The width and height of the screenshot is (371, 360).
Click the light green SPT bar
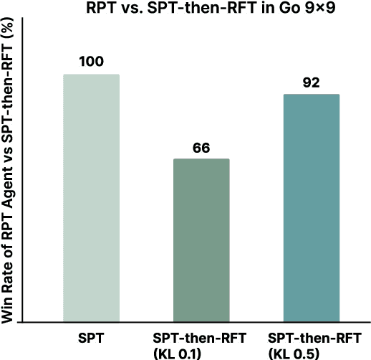tap(91, 198)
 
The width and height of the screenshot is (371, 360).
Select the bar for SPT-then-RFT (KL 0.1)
tap(201, 240)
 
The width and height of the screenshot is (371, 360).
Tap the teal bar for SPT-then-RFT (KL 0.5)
tap(312, 208)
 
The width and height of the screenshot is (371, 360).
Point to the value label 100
tap(91, 61)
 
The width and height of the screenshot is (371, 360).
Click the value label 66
tap(201, 148)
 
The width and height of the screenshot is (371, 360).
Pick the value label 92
tap(312, 82)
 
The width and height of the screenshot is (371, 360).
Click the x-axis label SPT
tap(91, 336)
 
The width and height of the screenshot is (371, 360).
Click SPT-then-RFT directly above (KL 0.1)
tap(201, 336)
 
